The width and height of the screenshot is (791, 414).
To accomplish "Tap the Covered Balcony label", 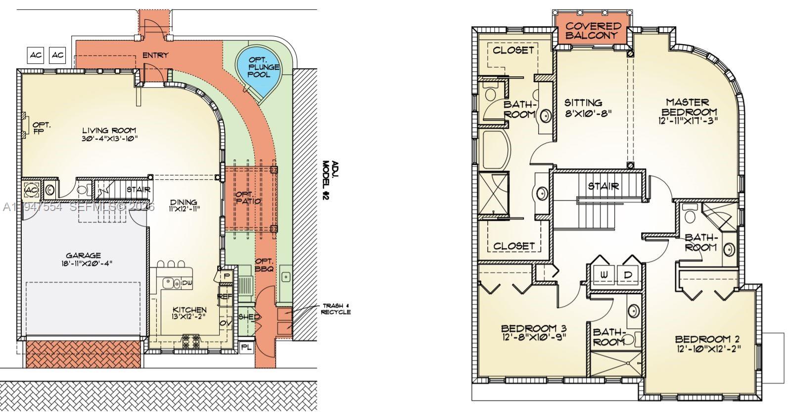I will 593,30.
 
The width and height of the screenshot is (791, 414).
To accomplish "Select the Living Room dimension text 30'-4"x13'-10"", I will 109,139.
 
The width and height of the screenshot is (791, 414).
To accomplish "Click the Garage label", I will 83,256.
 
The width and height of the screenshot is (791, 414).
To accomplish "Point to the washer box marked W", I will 605,274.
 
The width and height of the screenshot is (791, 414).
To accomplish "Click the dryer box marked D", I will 628,274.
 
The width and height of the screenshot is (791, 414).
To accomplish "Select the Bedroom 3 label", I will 534,328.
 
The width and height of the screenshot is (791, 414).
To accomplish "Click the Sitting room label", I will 583,103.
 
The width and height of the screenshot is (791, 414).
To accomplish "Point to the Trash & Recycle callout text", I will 336,309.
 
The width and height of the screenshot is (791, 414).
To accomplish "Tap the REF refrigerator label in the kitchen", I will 225,296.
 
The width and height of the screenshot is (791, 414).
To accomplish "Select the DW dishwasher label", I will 187,283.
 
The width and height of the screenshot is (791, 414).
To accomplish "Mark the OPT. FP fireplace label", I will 42,128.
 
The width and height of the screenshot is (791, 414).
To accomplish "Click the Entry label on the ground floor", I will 155,55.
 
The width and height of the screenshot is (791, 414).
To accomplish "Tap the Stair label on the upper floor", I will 604,186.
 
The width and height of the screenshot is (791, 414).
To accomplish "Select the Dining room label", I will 184,202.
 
